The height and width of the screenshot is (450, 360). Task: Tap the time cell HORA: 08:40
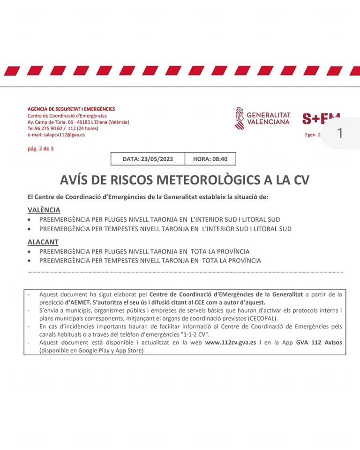(x=210, y=159)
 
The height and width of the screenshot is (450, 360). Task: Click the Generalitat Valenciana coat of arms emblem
(x=239, y=118)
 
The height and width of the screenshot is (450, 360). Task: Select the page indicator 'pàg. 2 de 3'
(x=40, y=149)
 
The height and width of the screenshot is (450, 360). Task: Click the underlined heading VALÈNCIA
(x=44, y=210)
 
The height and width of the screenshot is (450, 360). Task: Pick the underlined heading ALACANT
(x=43, y=242)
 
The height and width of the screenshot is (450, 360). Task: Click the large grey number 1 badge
(x=340, y=134)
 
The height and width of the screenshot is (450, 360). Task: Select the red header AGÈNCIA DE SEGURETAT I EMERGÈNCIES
(x=71, y=109)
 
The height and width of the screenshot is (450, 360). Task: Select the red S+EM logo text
(x=320, y=119)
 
